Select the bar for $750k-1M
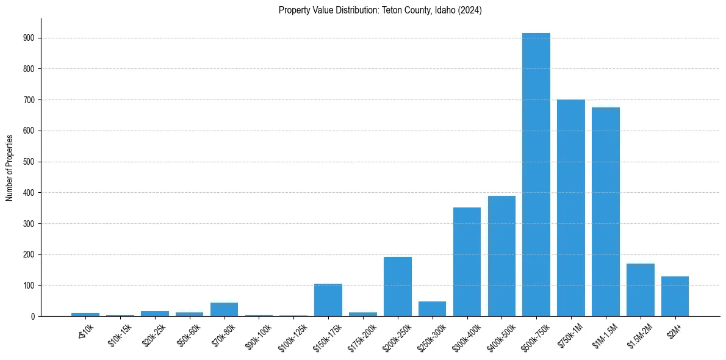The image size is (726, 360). point(571,208)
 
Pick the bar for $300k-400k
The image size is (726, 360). point(467,262)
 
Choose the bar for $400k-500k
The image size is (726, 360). point(501,256)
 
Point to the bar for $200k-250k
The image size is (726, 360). point(398,287)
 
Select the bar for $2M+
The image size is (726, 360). point(675,297)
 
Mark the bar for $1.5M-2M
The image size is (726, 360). point(640,290)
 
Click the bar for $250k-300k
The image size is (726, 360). point(432,309)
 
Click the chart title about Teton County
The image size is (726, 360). point(380,10)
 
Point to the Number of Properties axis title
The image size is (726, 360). point(10,167)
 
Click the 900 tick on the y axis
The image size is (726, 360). point(28,38)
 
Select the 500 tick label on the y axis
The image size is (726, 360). point(28,162)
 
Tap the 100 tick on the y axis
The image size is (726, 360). point(28,286)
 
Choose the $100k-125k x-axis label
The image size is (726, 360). point(292,336)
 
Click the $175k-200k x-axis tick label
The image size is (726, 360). point(362,336)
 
